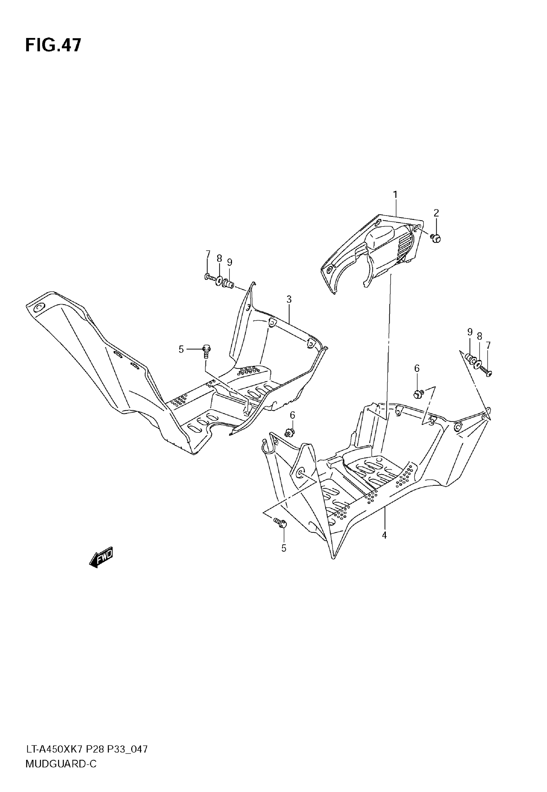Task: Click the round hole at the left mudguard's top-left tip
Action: tap(38, 307)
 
